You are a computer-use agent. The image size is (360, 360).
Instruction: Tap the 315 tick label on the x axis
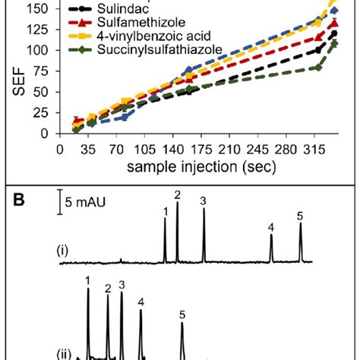[x=311, y=149]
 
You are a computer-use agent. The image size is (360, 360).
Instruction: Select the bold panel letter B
[x=15, y=203]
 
